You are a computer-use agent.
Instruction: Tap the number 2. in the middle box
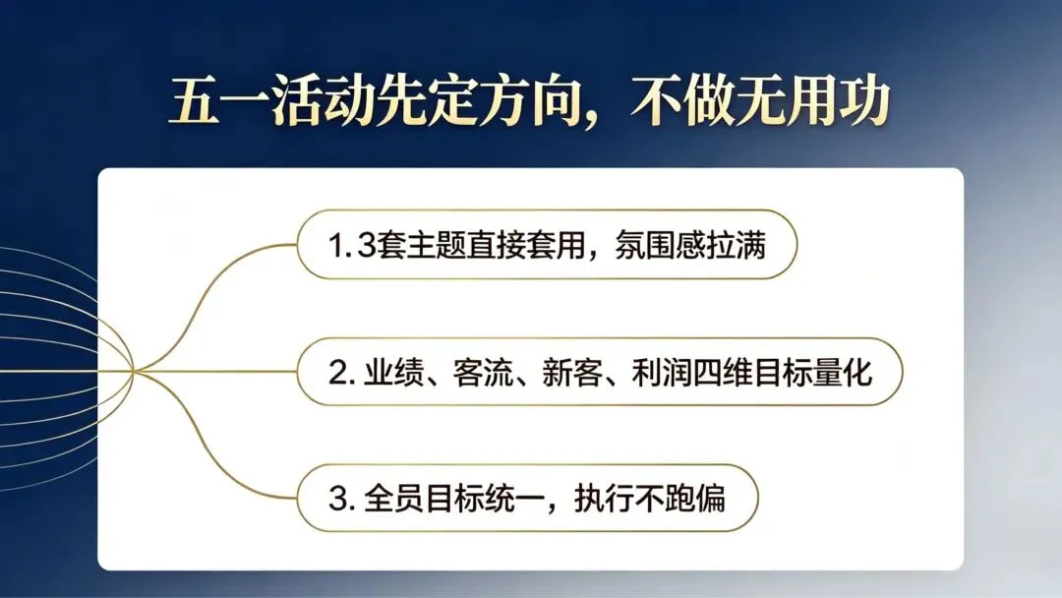[340, 372]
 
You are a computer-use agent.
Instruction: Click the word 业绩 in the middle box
[389, 372]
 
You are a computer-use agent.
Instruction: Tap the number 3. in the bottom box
[340, 498]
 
